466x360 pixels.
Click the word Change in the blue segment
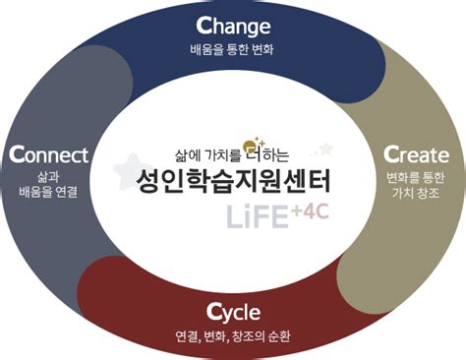(x=232, y=25)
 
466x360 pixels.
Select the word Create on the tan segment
(x=416, y=155)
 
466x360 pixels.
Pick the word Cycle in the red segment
(x=233, y=314)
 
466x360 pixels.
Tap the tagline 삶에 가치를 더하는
(x=225, y=153)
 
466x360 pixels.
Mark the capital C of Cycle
(x=213, y=313)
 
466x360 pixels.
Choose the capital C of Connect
(x=14, y=154)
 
